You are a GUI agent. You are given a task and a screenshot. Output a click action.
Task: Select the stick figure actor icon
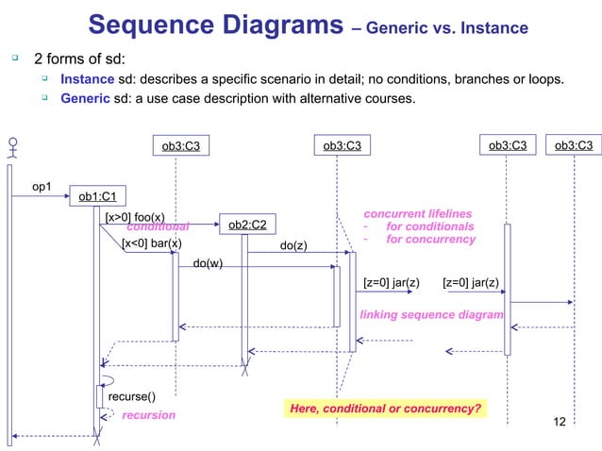click(x=12, y=149)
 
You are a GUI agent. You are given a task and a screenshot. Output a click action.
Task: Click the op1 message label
click(x=43, y=187)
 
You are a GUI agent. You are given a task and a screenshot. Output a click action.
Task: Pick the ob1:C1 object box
click(x=97, y=196)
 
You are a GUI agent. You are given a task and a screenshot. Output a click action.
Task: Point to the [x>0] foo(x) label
click(x=135, y=217)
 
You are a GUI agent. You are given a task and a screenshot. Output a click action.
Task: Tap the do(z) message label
click(x=294, y=245)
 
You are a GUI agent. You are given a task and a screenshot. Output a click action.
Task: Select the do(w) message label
click(x=208, y=263)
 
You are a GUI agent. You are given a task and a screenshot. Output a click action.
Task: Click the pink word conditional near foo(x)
click(x=159, y=227)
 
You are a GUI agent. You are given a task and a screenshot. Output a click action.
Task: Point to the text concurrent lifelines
click(x=418, y=214)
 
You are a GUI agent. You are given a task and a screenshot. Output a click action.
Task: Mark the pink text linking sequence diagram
click(x=432, y=313)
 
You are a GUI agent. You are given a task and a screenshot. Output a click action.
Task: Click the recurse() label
click(x=131, y=396)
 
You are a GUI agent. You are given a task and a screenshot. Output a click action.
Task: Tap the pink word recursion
click(x=149, y=415)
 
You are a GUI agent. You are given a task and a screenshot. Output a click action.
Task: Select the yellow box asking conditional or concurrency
click(x=385, y=409)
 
